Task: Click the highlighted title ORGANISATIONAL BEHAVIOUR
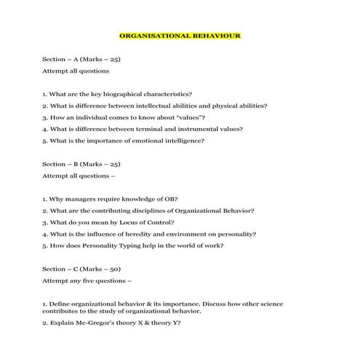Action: pyautogui.click(x=180, y=34)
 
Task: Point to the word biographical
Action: pyautogui.click(x=119, y=94)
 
